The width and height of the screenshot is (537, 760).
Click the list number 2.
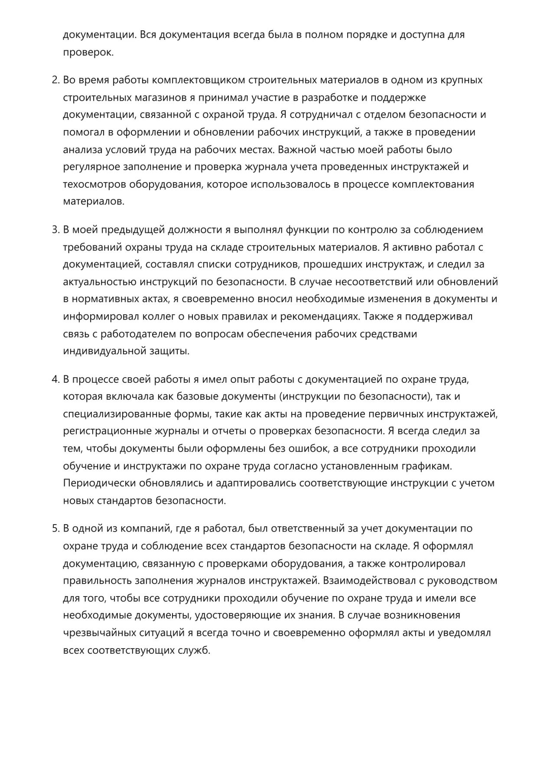point(55,80)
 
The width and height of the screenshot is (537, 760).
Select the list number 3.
point(55,230)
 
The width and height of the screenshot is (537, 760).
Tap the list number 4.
point(55,379)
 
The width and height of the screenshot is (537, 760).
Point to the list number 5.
point(55,528)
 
